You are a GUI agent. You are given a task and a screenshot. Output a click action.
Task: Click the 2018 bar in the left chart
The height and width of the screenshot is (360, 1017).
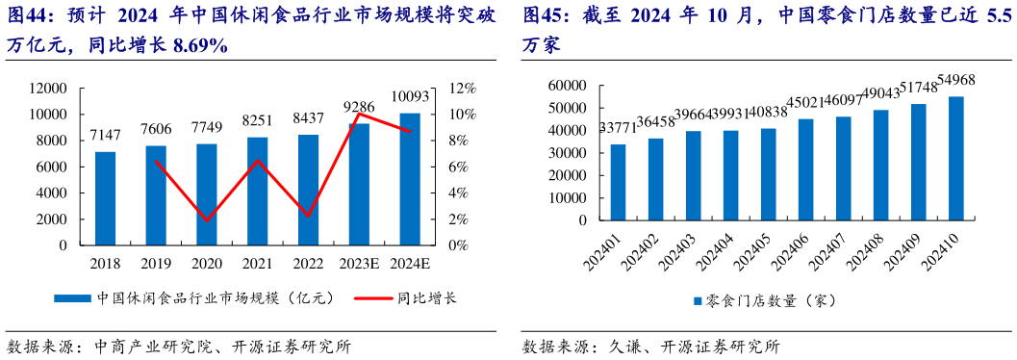[x=105, y=198]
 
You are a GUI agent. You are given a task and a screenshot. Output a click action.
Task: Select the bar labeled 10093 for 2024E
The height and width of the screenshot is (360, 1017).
[x=410, y=179]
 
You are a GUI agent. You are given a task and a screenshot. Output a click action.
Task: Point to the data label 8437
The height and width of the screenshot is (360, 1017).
[x=308, y=120]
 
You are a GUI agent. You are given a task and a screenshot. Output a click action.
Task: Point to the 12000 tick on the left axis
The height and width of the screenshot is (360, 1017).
[x=47, y=89]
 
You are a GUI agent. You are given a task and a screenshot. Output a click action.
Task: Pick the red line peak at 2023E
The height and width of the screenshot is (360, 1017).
[x=359, y=115]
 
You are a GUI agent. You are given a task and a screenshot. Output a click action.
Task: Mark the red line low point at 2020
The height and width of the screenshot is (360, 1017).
[x=207, y=220]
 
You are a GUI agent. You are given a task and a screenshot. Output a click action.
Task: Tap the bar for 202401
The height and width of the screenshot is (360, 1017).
[x=618, y=184]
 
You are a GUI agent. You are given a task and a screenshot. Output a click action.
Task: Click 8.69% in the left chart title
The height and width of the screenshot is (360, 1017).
[x=200, y=45]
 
